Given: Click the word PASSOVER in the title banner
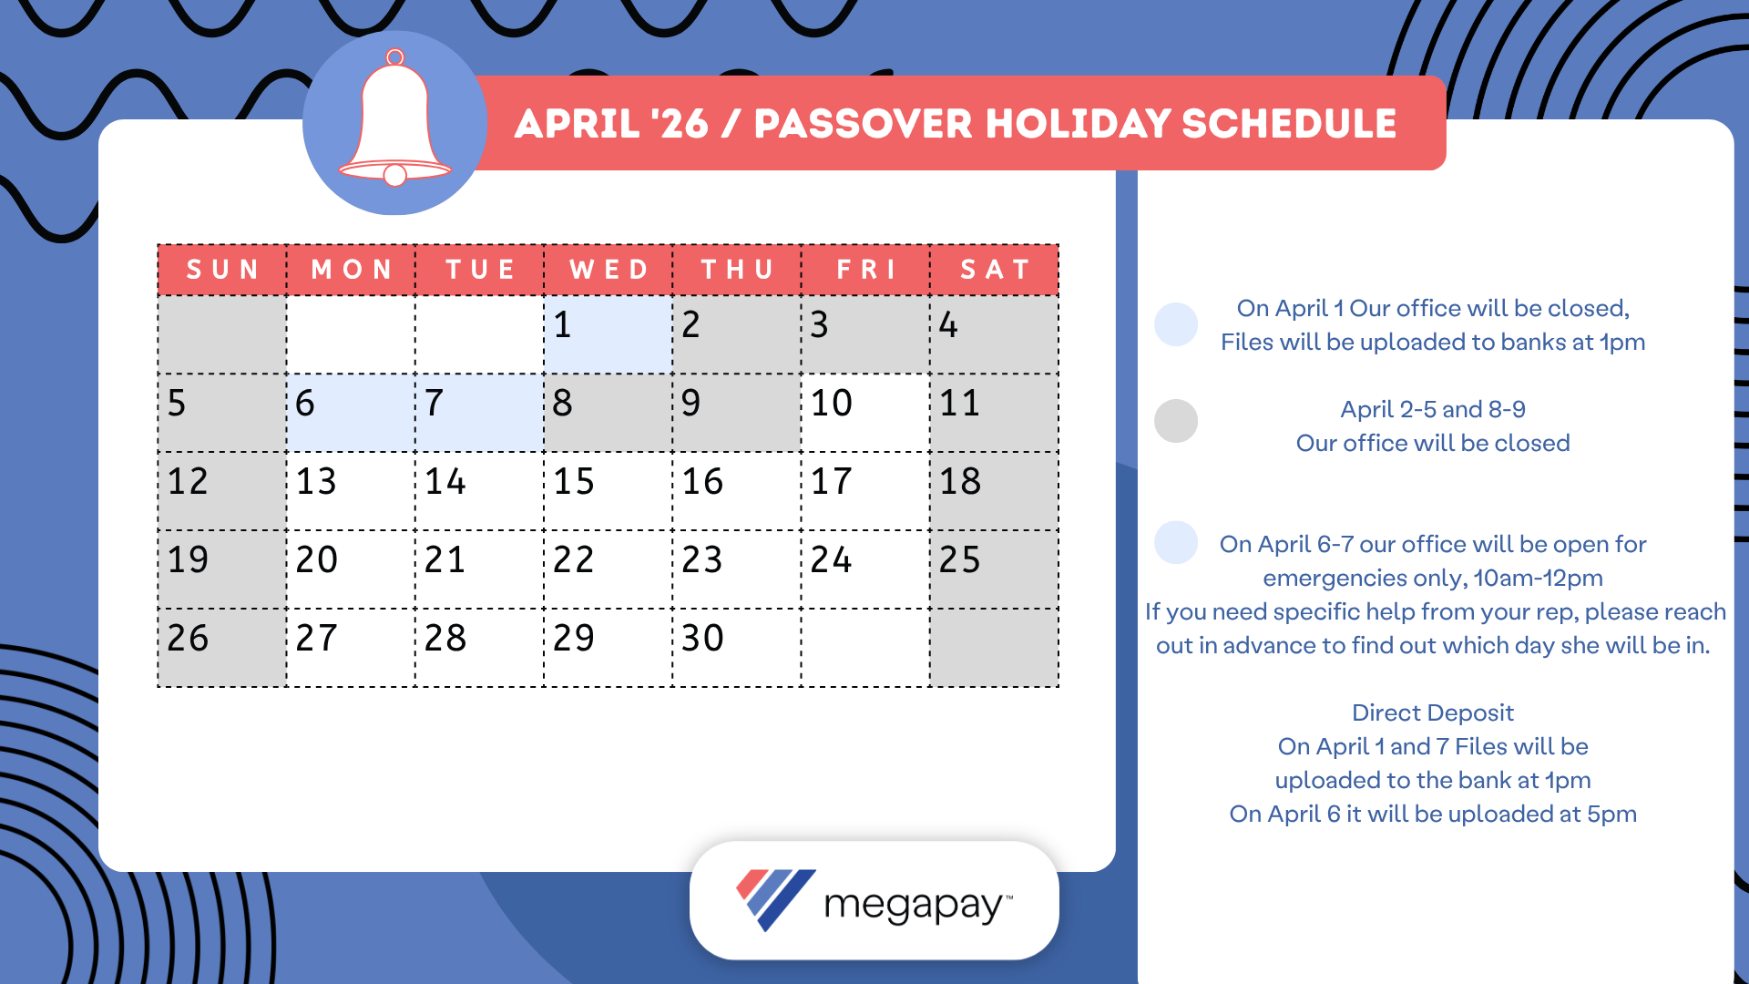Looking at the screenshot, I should point(863,124).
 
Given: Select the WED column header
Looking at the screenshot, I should point(609,270).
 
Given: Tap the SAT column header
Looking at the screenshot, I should point(995,270).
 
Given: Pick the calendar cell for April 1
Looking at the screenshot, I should point(608,334).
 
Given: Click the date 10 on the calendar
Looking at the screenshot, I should point(864,413).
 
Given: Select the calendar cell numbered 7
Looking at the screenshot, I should point(479,413).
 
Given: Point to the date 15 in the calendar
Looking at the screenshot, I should point(608,491).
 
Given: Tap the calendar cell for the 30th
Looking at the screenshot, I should point(736,648).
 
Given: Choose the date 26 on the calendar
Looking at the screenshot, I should point(221,648).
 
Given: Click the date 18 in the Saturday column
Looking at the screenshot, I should point(994,491).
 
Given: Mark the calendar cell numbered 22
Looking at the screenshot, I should point(608,569).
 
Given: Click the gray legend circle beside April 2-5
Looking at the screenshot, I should point(1175,421).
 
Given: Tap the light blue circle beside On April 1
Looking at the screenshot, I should point(1175,324).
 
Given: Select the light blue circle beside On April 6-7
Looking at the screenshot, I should point(1175,543).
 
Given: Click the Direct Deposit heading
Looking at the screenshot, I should point(1432,712).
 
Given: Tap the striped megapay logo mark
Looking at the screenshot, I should point(773,899).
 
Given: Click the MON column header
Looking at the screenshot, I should point(351,270).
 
